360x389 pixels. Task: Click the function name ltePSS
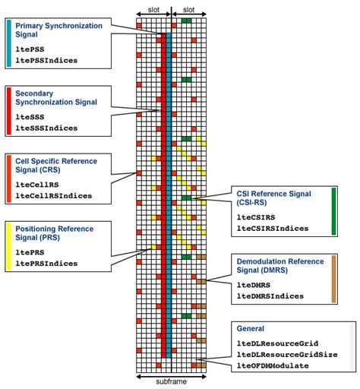tap(30, 49)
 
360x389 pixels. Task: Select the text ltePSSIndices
tap(46, 60)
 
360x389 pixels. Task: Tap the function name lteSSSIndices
tap(46, 128)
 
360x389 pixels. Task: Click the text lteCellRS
tap(37, 185)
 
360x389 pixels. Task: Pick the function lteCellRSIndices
tap(53, 196)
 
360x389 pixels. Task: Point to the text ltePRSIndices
tap(46, 264)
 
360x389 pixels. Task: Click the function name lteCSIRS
tap(256, 217)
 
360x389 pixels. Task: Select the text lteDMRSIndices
tap(270, 296)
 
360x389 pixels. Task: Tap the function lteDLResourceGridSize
tap(287, 355)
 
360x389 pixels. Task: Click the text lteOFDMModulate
tap(273, 365)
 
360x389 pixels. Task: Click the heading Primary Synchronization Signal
tap(58, 30)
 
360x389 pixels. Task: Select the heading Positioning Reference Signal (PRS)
tap(54, 233)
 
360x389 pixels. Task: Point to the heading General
tap(250, 328)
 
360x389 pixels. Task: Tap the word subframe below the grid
tap(171, 381)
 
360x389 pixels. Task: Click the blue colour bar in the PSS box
tap(9, 43)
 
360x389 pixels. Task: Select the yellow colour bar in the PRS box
tap(9, 246)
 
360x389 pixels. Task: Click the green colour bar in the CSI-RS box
tap(333, 211)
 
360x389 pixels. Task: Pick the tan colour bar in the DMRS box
tap(333, 279)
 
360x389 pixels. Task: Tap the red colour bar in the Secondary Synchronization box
tap(9, 111)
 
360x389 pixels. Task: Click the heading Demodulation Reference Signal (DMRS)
tap(280, 266)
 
